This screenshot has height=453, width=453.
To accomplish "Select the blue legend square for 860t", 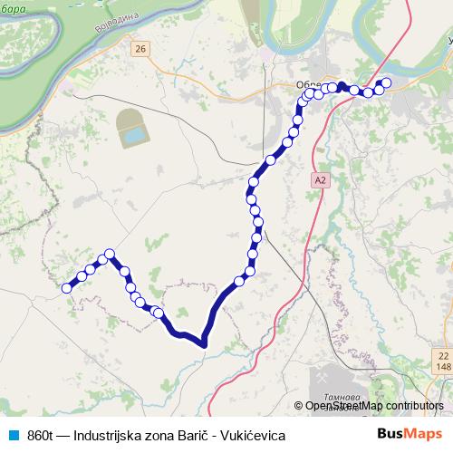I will click(x=12, y=436).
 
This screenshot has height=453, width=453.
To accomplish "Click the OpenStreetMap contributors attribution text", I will click(x=373, y=406).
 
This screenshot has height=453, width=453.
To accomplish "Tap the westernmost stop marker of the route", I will click(x=66, y=288).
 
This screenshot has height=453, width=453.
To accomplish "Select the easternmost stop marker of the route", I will click(x=387, y=82).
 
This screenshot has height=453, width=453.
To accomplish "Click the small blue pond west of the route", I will click(x=134, y=136).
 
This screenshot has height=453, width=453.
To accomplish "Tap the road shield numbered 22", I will click(x=442, y=355).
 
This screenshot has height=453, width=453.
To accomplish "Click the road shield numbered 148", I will click(x=442, y=368).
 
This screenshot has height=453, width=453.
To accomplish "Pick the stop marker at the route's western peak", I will click(x=110, y=254).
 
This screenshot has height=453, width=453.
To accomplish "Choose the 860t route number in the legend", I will click(x=40, y=436).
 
